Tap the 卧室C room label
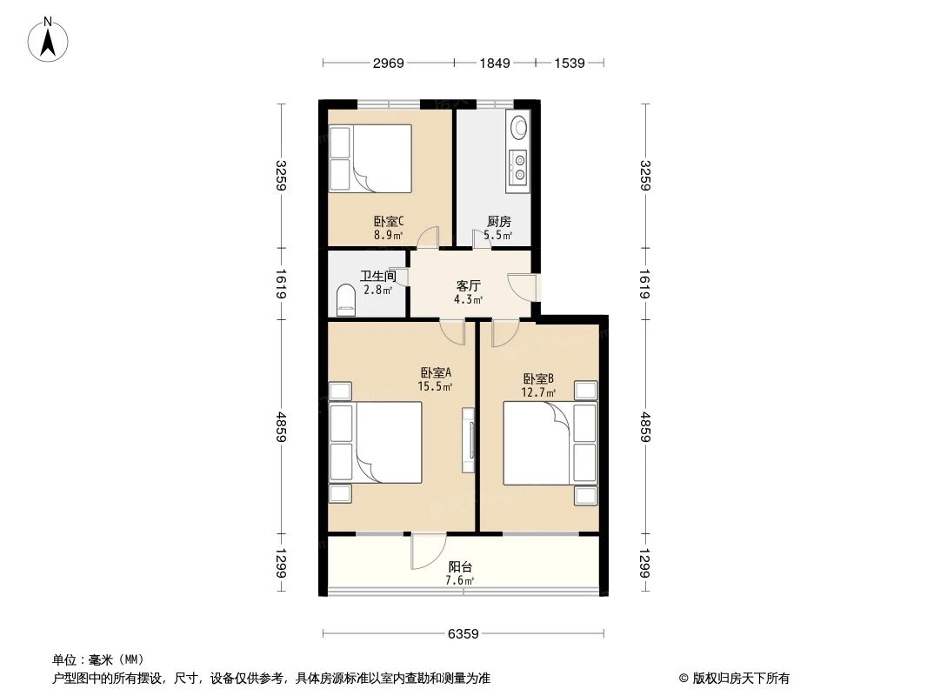point(388,221)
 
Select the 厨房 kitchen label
point(498,221)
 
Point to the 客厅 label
point(469,284)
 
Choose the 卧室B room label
point(538,378)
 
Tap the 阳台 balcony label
point(459,566)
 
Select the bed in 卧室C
point(370,157)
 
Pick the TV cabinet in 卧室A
point(469,439)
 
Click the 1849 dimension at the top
point(494,64)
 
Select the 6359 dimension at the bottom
point(463,634)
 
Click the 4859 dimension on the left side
point(281,426)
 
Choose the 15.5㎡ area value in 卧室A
point(434,387)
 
